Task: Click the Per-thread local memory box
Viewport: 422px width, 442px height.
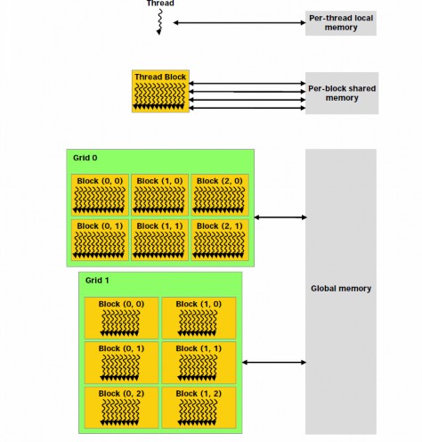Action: [341, 22]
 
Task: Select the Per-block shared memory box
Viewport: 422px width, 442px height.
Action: [341, 93]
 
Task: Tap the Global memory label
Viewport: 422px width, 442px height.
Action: [341, 288]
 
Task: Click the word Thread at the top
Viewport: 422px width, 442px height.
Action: [159, 4]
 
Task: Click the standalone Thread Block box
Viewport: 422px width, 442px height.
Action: [161, 92]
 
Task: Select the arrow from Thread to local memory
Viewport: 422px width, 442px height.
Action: [238, 22]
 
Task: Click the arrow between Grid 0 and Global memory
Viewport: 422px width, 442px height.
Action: [280, 217]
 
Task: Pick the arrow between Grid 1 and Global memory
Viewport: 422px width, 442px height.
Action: [273, 362]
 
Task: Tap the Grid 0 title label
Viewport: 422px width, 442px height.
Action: [85, 158]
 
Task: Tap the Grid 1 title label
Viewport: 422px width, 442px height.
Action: [97, 280]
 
